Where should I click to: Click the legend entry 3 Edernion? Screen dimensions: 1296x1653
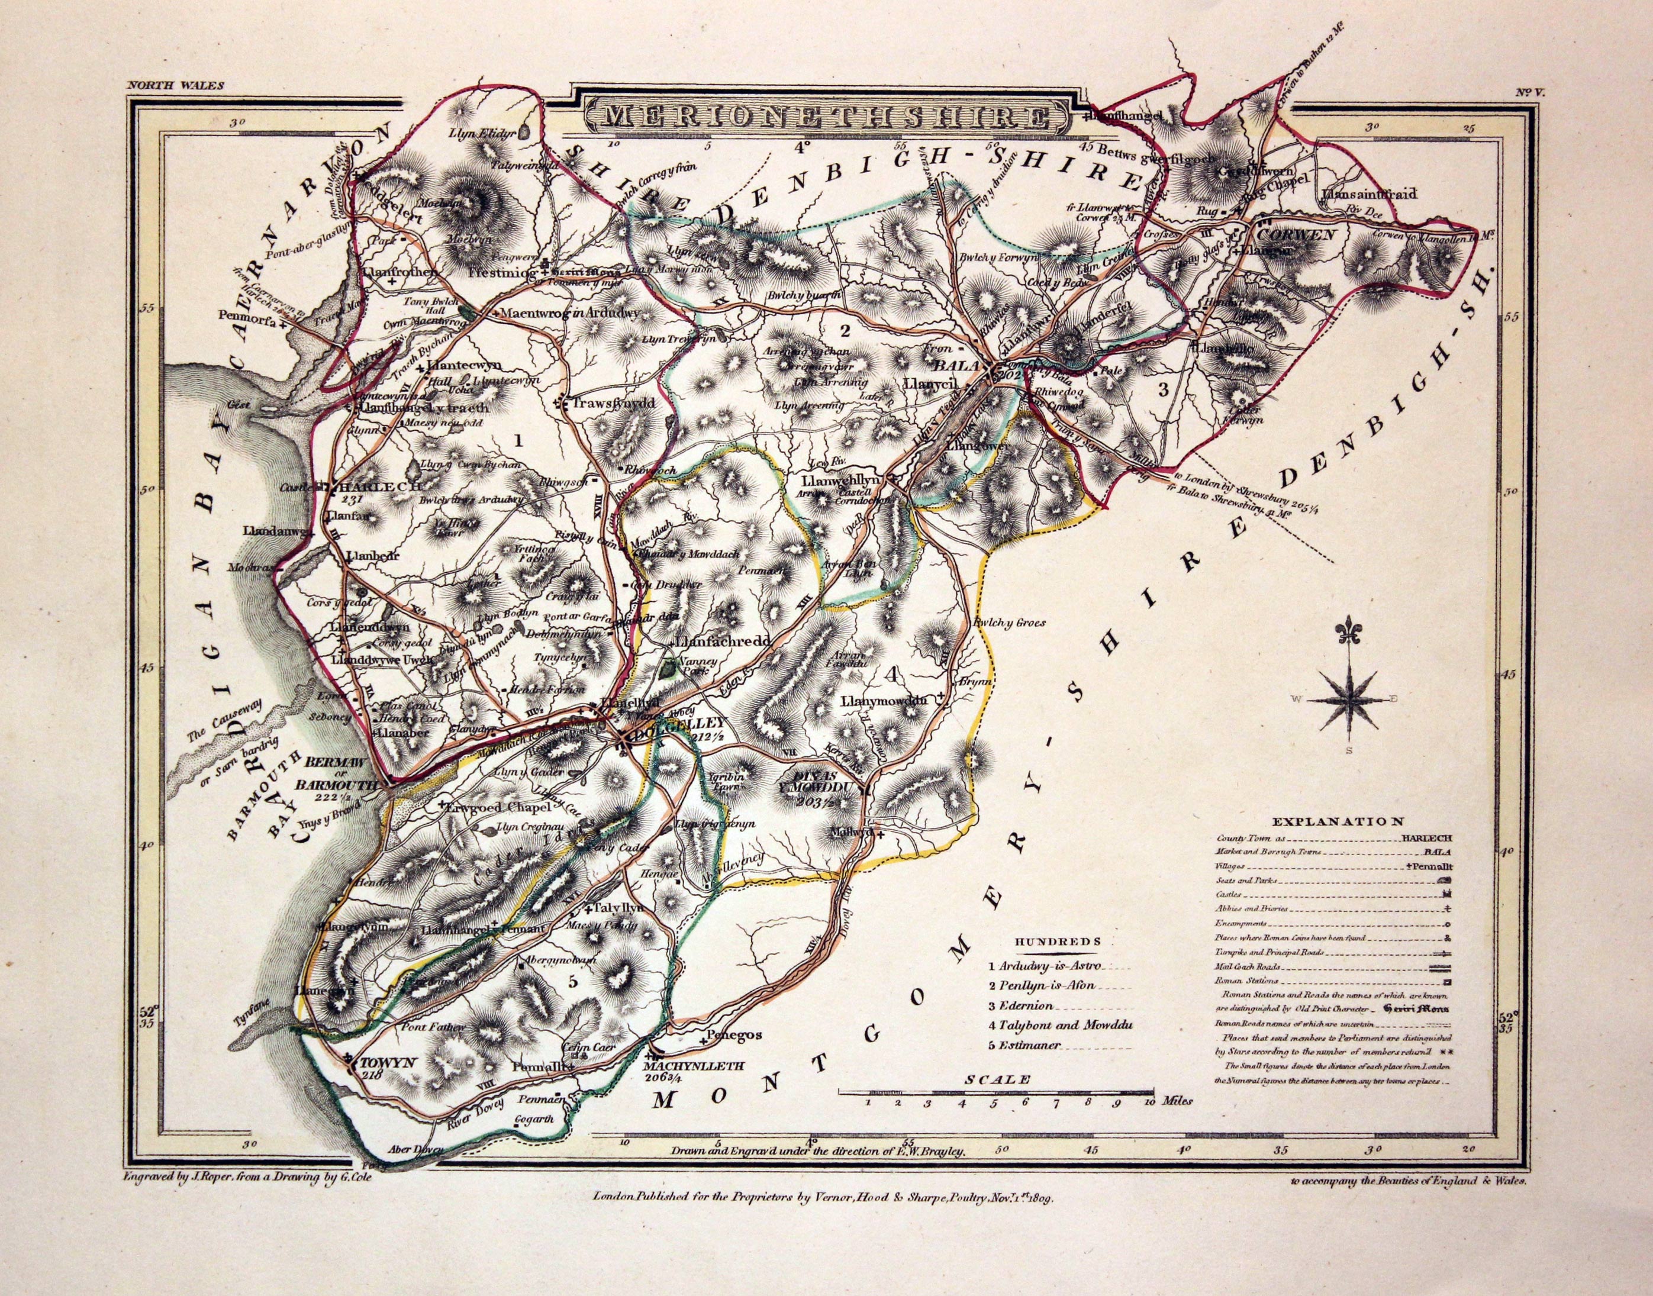coord(1021,1006)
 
